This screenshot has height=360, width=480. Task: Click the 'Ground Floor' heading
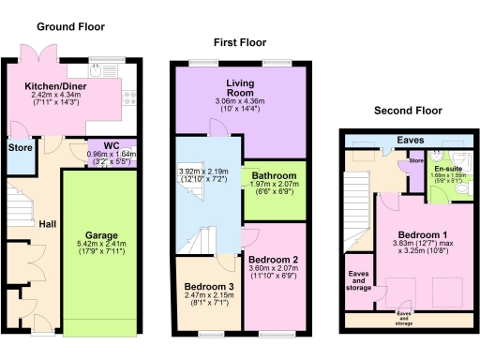tap(70, 27)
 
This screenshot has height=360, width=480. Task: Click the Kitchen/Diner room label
tap(56, 85)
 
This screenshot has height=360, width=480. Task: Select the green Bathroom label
tap(272, 174)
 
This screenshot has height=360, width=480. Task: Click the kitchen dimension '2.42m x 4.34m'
tap(55, 95)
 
